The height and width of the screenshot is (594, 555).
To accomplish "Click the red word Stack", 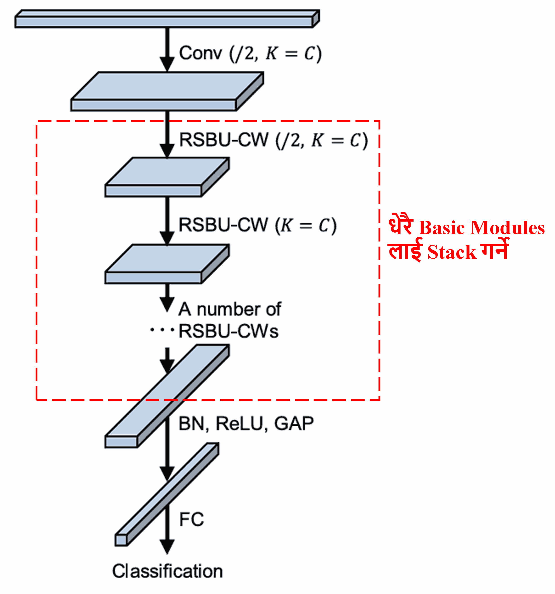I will tap(451, 253).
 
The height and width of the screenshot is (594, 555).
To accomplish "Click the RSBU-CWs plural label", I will tap(228, 331).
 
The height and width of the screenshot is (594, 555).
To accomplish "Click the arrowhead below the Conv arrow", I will tap(167, 64).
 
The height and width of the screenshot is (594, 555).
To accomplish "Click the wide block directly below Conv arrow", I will tap(167, 91).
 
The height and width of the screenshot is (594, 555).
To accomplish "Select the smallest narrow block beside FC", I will tap(167, 493).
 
